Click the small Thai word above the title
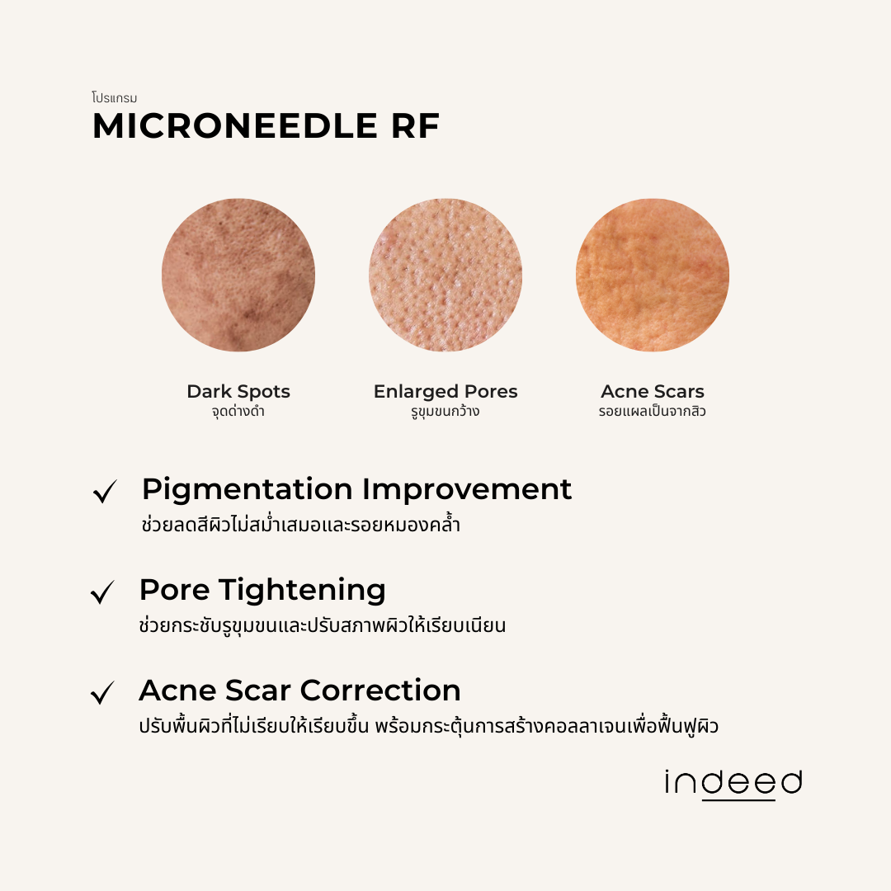pos(115,98)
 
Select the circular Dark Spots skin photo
pos(238,275)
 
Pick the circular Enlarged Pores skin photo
pos(445,275)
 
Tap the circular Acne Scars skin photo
pos(653,275)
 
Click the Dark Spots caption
pos(238,391)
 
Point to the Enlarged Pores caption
pos(445,391)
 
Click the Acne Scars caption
pos(653,391)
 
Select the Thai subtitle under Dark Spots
pos(238,411)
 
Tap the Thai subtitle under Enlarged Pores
pos(445,411)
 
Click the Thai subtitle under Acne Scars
pos(653,411)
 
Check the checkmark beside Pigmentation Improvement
pos(105,492)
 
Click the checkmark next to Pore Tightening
pos(103,592)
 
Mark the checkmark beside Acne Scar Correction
pos(103,693)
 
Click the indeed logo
pos(733,784)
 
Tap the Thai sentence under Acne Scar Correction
pos(428,727)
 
